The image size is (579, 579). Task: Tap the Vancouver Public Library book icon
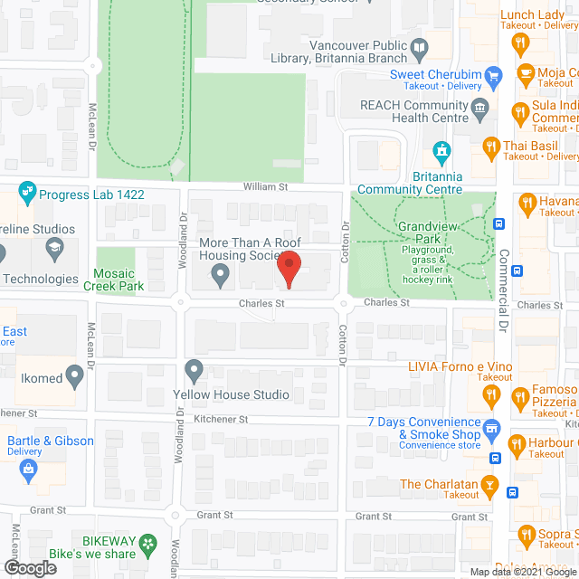click(419, 47)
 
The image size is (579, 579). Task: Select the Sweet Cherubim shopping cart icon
click(493, 75)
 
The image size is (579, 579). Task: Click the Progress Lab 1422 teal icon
click(25, 191)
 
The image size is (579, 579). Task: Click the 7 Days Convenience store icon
click(490, 428)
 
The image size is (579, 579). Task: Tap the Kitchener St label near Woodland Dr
click(220, 420)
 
